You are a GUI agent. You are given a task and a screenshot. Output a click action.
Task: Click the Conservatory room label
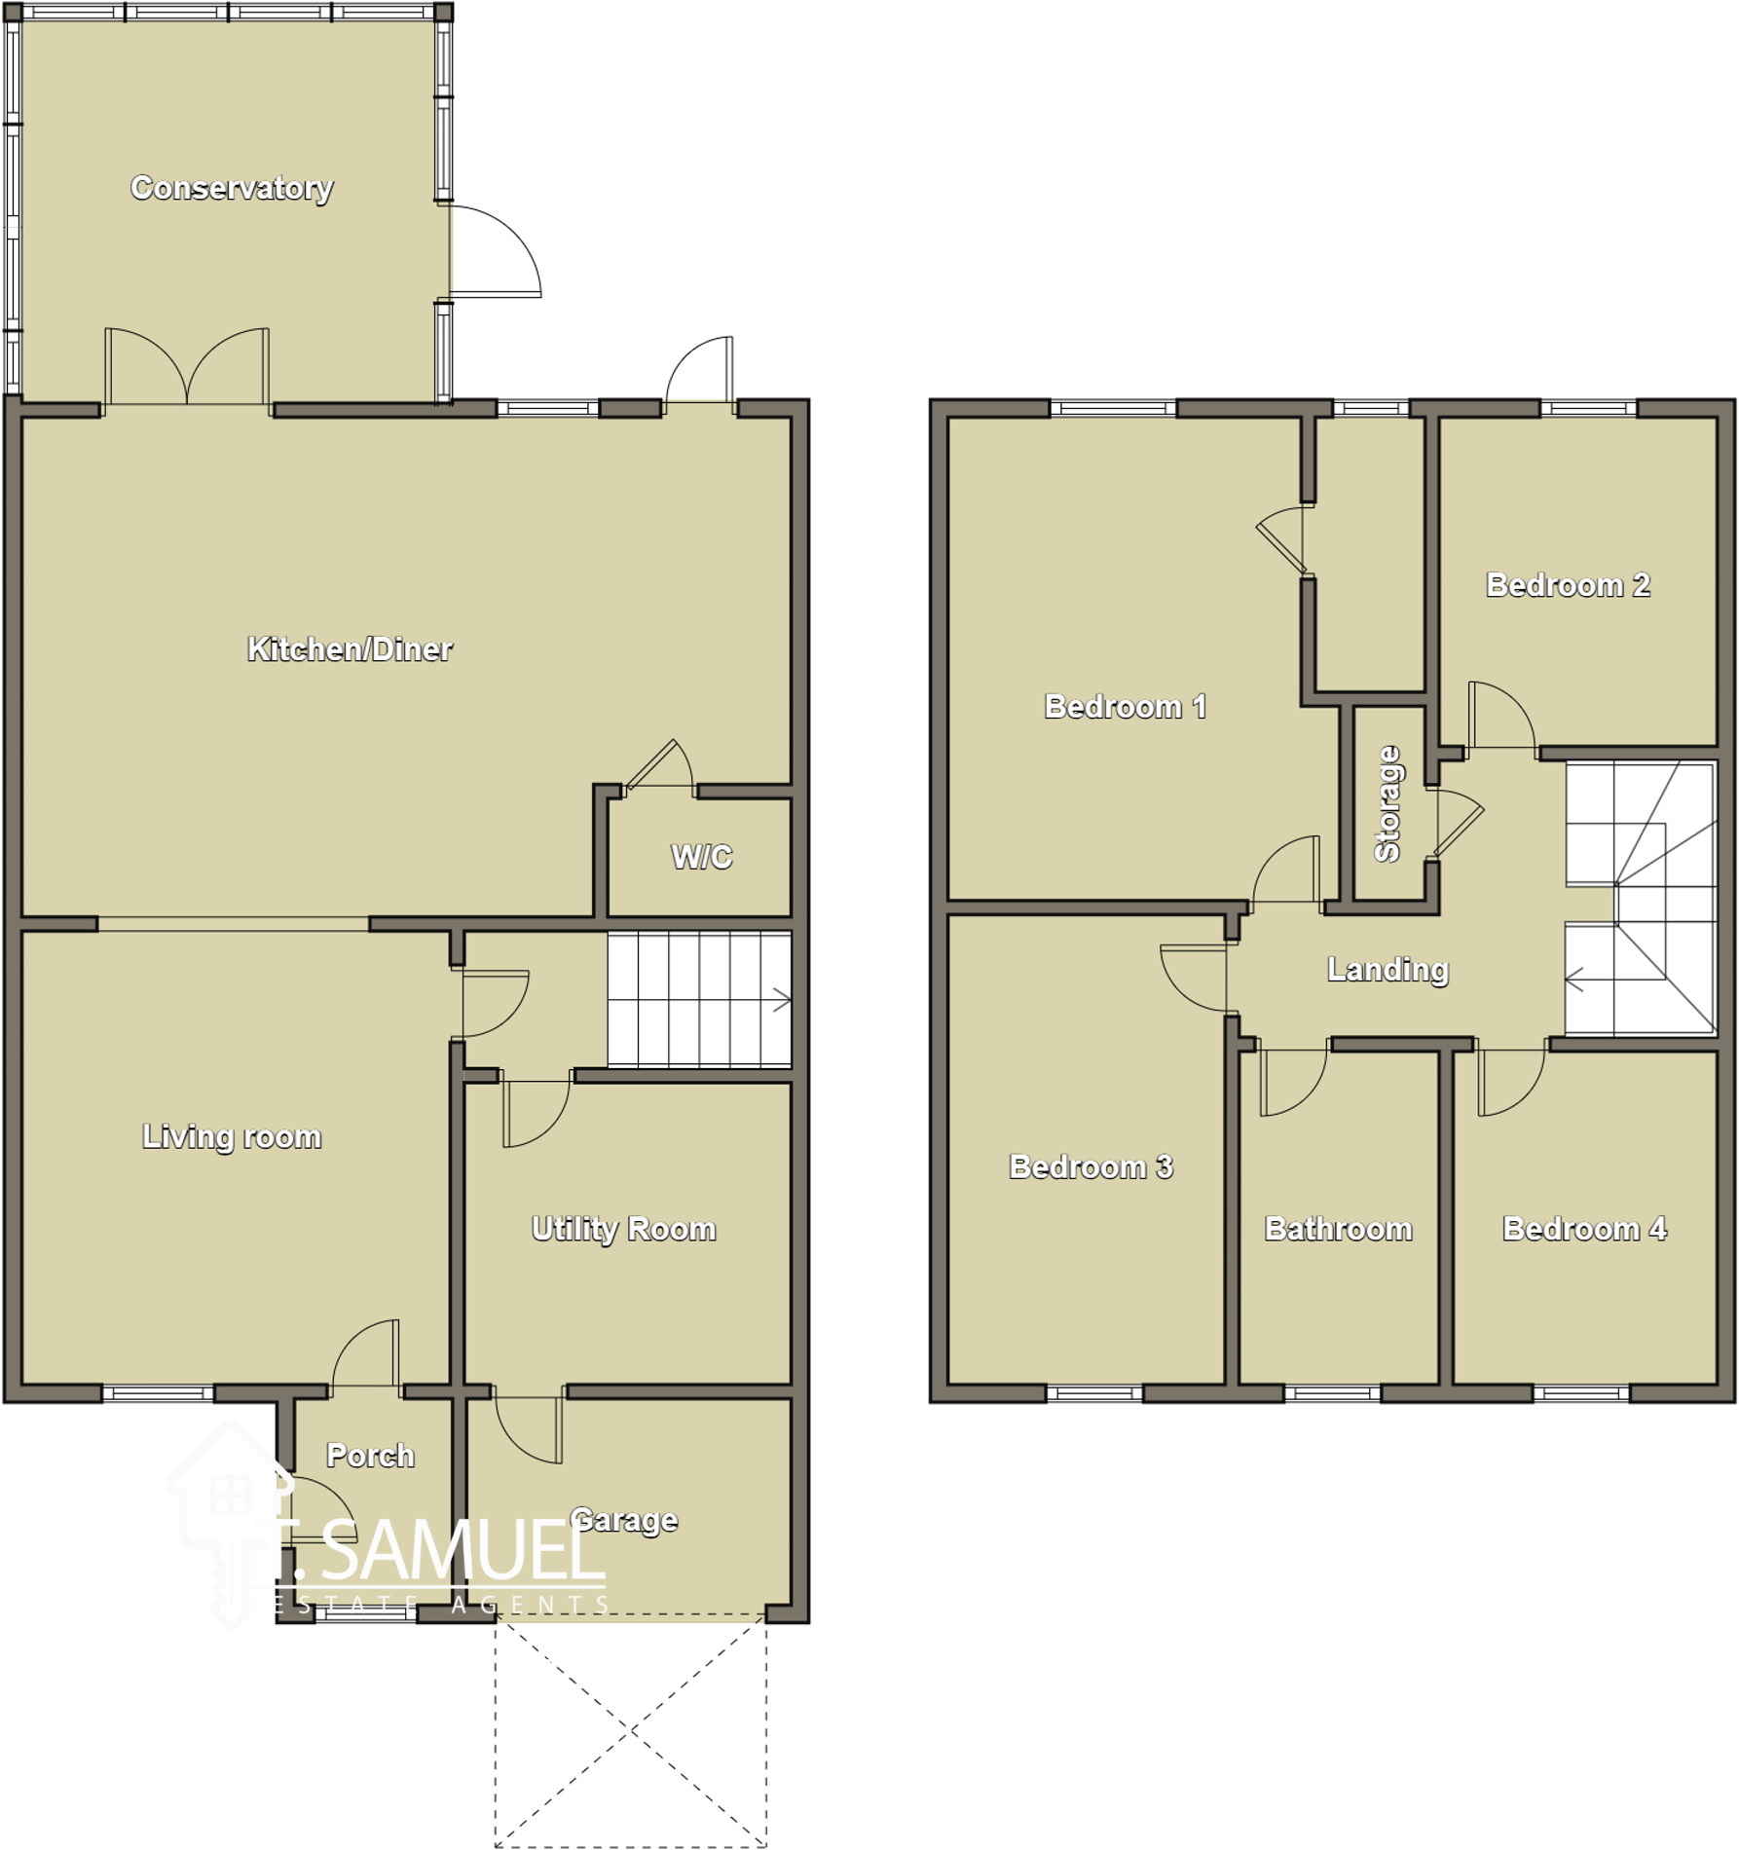click(232, 187)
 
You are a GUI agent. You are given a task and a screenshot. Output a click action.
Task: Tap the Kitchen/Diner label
click(350, 648)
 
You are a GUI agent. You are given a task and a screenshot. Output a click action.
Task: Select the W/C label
click(701, 857)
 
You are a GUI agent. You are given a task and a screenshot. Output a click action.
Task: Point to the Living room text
click(232, 1136)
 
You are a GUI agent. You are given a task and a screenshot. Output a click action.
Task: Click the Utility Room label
click(624, 1229)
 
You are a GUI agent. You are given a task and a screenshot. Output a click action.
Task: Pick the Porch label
click(370, 1456)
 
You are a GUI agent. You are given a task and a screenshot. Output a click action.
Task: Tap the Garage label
click(624, 1520)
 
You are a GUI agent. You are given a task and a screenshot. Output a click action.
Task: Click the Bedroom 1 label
click(1126, 706)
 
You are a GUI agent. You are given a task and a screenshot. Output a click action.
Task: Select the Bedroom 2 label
click(1568, 584)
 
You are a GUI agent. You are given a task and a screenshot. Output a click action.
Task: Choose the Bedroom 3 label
click(1091, 1166)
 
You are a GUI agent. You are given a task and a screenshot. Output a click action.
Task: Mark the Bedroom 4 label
click(1584, 1229)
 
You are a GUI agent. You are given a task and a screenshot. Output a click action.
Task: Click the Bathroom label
click(1338, 1229)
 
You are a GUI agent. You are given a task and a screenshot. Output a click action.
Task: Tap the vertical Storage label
click(1387, 803)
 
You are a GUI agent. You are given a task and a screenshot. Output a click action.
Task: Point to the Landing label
click(1387, 969)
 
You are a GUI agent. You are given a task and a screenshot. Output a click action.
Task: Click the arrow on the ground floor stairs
click(781, 1000)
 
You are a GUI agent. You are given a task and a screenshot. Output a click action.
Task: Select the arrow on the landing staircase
click(1574, 980)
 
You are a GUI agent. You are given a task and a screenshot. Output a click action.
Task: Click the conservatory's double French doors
click(186, 368)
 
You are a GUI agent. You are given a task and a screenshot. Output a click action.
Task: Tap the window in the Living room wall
click(158, 1393)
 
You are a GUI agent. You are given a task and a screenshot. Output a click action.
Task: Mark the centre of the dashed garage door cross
click(631, 1730)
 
